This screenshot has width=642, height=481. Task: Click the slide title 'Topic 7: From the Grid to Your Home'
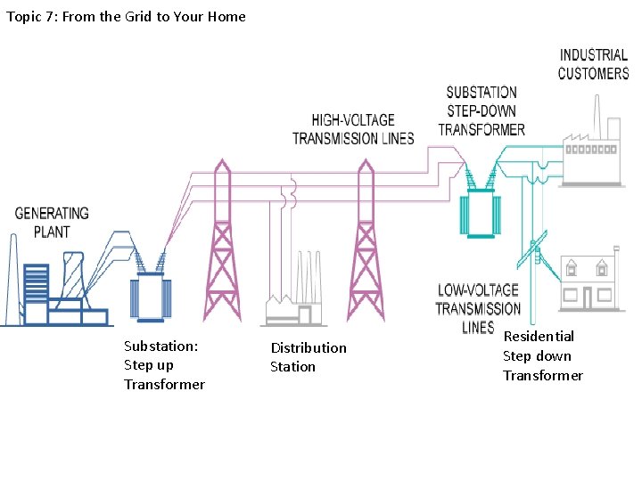coord(126,16)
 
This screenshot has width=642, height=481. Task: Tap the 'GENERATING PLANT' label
coord(52,222)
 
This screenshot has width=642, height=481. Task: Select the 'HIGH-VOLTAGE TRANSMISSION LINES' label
coord(353,129)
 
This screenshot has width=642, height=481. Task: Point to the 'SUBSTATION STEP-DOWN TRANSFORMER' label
coord(481,110)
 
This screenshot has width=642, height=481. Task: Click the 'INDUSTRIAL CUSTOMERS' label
coord(593,64)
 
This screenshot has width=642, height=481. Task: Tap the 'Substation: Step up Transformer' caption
coord(164,365)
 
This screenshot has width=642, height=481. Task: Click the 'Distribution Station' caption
coord(309,356)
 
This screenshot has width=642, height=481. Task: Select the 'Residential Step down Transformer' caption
coord(542,355)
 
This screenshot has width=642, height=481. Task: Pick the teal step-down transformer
coord(479,215)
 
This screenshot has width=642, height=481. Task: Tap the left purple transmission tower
coord(221,245)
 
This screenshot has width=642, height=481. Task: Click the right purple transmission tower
coord(365,245)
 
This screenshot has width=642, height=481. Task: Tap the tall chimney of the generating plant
coord(12,276)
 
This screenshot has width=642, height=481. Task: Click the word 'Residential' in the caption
coord(539,336)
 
